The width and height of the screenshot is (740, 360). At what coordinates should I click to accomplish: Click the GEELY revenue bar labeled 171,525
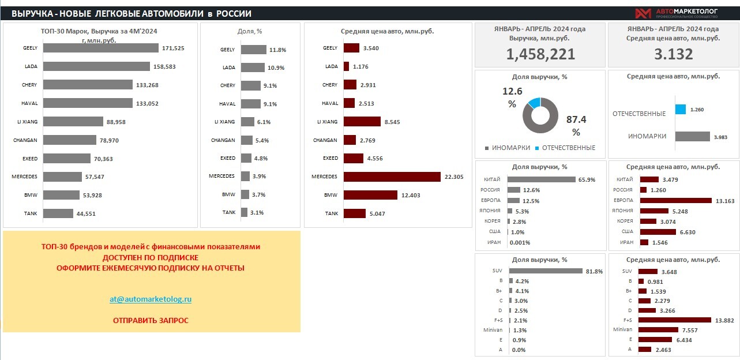(100, 48)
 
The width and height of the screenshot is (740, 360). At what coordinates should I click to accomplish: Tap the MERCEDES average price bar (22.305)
(392, 177)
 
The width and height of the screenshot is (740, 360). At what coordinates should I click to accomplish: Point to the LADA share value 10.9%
(276, 67)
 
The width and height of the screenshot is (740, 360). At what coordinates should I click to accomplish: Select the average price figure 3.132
(673, 54)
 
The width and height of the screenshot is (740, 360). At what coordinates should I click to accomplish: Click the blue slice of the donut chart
(534, 103)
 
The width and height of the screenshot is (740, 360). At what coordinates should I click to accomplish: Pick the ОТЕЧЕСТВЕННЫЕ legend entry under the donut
(568, 148)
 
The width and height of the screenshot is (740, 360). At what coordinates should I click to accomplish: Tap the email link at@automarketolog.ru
(151, 299)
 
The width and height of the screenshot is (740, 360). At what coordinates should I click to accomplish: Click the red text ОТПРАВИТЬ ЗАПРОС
(151, 320)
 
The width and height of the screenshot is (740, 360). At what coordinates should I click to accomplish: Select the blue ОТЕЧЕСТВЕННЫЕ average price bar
(681, 109)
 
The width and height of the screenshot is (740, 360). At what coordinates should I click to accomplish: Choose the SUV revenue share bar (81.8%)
(546, 271)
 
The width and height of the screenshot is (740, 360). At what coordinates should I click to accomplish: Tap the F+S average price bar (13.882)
(675, 320)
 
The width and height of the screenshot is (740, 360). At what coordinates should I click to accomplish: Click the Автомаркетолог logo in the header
(683, 13)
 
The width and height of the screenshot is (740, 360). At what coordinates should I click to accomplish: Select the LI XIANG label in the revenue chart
(27, 122)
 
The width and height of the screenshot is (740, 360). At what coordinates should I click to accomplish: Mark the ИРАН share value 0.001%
(519, 242)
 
